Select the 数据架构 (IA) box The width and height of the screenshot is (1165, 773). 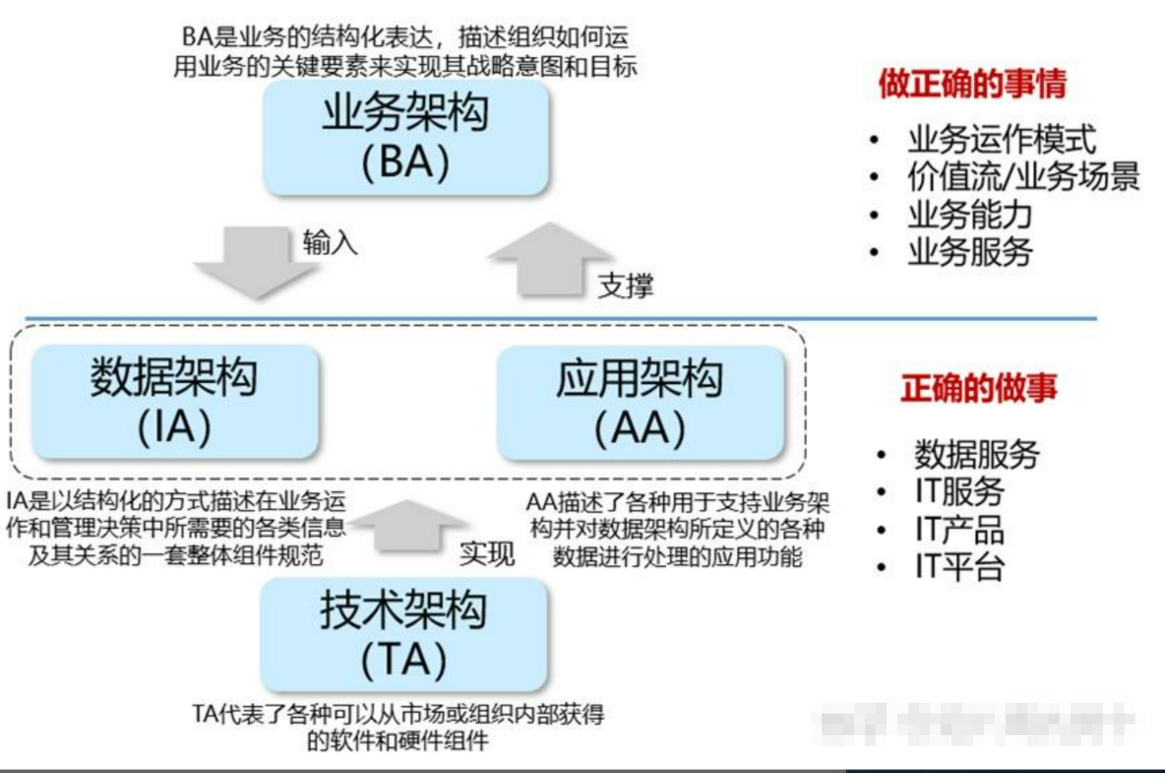coord(174,401)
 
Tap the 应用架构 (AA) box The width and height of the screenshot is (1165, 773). coord(639,401)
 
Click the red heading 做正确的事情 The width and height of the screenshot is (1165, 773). coord(972,85)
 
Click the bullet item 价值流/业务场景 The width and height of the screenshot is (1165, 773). coord(1024,177)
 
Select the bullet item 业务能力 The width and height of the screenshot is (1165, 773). coord(969,215)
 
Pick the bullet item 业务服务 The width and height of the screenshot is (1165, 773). coord(969,253)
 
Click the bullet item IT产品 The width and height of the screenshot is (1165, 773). coord(959,530)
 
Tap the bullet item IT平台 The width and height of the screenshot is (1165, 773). coord(959,568)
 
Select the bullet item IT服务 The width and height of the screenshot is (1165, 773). coord(959,492)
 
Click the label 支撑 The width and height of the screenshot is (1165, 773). coord(625,286)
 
